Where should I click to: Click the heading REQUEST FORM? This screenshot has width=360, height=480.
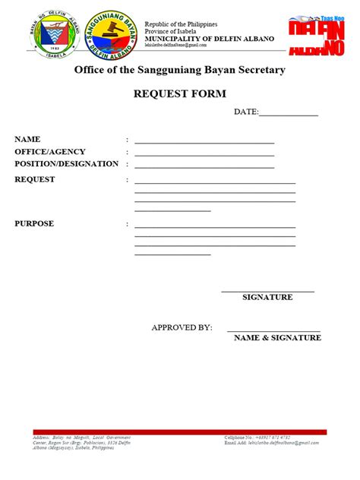tap(179, 94)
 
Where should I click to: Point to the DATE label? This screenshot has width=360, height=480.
tap(246, 112)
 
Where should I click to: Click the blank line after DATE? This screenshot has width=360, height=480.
tap(289, 115)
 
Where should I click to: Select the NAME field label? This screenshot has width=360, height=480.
tap(27, 140)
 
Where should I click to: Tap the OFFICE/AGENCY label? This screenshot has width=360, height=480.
tap(50, 152)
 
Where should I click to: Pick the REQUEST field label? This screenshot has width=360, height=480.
tap(35, 179)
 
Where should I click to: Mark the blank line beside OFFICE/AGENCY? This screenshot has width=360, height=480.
tap(204, 155)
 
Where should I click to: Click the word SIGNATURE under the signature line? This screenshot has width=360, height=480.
tap(267, 297)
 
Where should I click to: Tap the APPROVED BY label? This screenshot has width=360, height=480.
tap(182, 327)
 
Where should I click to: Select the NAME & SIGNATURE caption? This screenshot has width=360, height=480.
tap(276, 337)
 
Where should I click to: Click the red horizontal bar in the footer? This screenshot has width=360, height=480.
tap(179, 432)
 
